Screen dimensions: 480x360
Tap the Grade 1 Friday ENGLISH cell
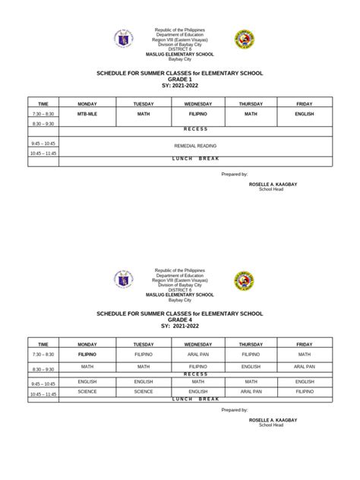(x=305, y=112)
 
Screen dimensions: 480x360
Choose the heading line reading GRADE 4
(x=179, y=320)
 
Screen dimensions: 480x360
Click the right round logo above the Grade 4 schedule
(x=244, y=280)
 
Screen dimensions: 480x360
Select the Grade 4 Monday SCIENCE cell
(x=87, y=392)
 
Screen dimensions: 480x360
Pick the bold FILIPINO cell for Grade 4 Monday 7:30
(x=87, y=355)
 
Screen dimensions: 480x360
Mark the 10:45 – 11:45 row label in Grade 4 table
(x=43, y=394)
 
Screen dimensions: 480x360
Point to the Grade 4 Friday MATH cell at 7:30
(x=305, y=355)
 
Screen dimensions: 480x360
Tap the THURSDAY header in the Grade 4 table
(x=251, y=343)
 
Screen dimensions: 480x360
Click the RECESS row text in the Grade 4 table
(x=195, y=374)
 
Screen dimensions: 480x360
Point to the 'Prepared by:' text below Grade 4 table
(x=234, y=410)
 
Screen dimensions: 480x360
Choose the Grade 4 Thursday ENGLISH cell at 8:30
(x=251, y=366)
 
